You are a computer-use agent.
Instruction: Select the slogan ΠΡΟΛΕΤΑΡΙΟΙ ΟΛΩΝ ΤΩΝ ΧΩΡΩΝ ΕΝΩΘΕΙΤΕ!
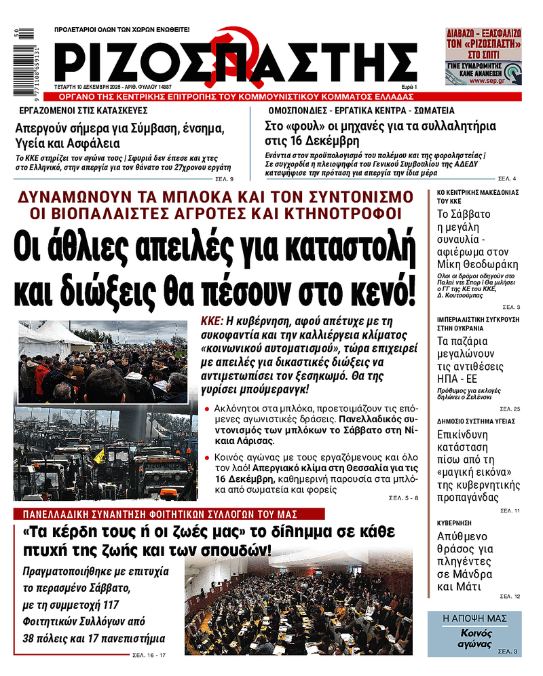tap(121, 30)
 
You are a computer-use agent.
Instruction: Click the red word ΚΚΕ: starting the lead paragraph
tap(213, 321)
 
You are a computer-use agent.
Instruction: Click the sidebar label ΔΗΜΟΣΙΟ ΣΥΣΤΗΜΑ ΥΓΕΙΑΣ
tap(471, 421)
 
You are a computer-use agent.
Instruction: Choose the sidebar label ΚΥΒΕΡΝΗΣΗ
tap(454, 523)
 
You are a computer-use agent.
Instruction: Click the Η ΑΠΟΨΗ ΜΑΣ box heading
tap(474, 618)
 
